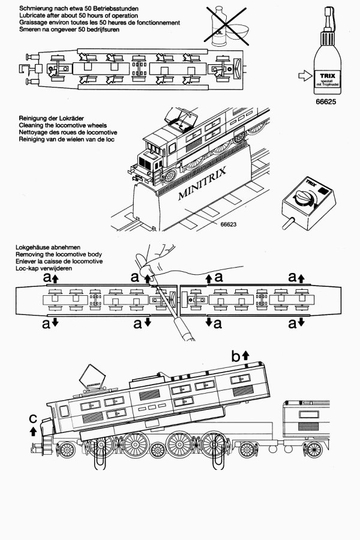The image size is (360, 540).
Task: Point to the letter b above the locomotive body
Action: [x=236, y=356]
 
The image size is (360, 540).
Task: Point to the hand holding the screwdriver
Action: [x=158, y=254]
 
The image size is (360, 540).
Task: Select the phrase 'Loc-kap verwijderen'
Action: [x=46, y=269]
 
